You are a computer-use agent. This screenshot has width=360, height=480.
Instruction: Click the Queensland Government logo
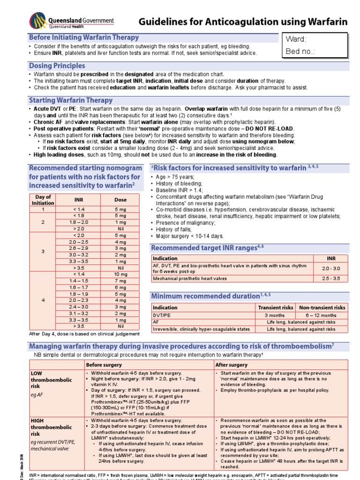click(72, 22)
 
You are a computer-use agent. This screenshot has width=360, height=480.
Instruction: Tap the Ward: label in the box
click(296, 39)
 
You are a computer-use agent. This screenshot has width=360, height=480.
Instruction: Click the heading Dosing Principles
click(57, 66)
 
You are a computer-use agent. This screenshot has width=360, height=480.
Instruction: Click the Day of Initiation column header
click(43, 200)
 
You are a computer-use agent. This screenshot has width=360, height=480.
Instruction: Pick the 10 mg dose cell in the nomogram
click(120, 274)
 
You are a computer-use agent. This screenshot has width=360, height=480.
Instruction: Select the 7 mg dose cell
click(120, 281)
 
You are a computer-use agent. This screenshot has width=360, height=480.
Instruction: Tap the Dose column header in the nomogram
click(120, 200)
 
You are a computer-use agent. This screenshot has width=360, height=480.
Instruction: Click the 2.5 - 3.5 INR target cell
click(331, 278)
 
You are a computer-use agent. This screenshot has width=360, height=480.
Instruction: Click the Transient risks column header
click(276, 307)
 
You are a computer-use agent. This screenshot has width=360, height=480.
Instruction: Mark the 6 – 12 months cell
click(322, 315)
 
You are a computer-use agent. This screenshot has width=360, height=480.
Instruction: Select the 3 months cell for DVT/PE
click(276, 315)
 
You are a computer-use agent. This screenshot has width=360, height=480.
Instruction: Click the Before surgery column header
click(101, 365)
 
